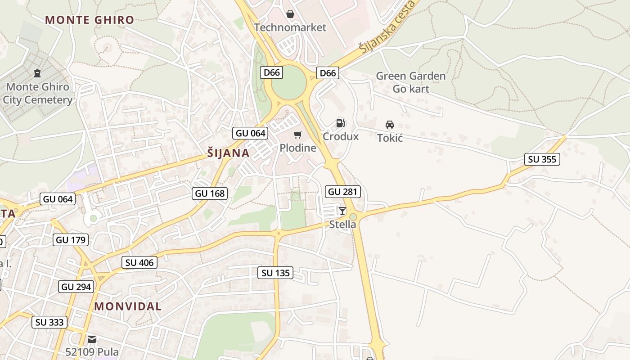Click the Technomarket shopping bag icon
[x=290, y=14]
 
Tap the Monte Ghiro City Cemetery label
[x=37, y=93]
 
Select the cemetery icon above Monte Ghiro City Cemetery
[x=37, y=73]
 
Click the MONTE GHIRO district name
[x=90, y=20]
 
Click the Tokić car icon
[x=390, y=125]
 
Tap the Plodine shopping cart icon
[x=297, y=135]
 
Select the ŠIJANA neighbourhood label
[x=229, y=153]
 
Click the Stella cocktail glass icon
[x=342, y=211]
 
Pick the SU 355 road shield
[x=542, y=159]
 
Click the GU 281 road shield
[x=343, y=192]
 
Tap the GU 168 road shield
[x=210, y=193]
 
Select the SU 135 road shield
[x=275, y=273]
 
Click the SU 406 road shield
[x=139, y=262]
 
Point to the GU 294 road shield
[x=76, y=287]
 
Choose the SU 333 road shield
[x=49, y=322]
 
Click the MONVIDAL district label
[x=128, y=306]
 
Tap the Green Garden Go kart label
[x=410, y=82]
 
